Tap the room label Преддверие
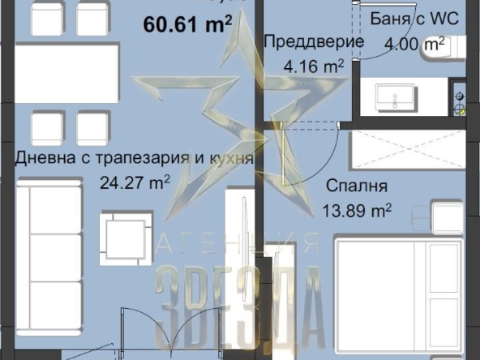tap(302, 41)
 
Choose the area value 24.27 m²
tap(133, 182)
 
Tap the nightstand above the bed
tap(447, 217)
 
